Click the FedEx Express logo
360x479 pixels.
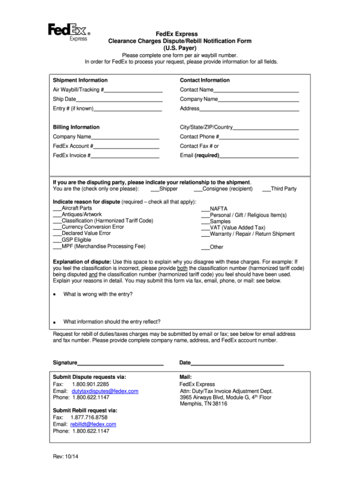(69, 31)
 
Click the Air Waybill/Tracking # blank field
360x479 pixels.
(133, 90)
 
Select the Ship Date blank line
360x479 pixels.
(119, 100)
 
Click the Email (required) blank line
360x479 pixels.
(258, 156)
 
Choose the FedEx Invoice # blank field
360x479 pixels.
(125, 156)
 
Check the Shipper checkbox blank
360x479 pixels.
(155, 189)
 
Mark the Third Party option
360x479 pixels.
(266, 189)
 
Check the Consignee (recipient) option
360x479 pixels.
(198, 189)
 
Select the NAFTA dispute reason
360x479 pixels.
(205, 209)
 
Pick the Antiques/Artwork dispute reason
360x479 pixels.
(57, 215)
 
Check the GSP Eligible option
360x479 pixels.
(57, 241)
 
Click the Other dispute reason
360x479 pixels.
(205, 247)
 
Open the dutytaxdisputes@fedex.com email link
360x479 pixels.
(105, 391)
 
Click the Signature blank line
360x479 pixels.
(120, 364)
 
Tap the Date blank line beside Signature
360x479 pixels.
(237, 364)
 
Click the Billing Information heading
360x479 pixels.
(76, 127)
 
